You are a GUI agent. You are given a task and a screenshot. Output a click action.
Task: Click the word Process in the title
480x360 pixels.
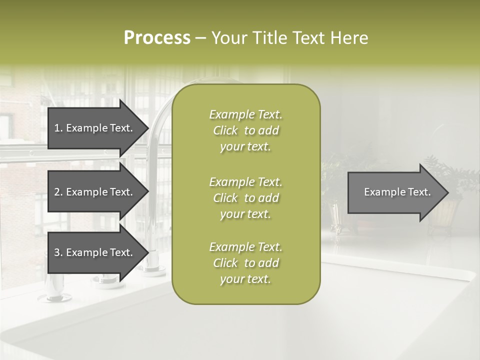click(157, 38)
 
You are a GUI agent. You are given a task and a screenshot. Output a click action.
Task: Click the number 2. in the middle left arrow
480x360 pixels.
click(58, 192)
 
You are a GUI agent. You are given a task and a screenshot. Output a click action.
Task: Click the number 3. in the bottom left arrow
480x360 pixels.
click(58, 252)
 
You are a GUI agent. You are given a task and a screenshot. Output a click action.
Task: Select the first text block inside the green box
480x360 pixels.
click(245, 130)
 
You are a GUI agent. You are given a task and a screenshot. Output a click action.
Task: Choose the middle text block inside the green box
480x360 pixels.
click(245, 197)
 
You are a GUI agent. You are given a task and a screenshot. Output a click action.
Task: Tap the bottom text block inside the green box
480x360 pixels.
click(245, 263)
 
